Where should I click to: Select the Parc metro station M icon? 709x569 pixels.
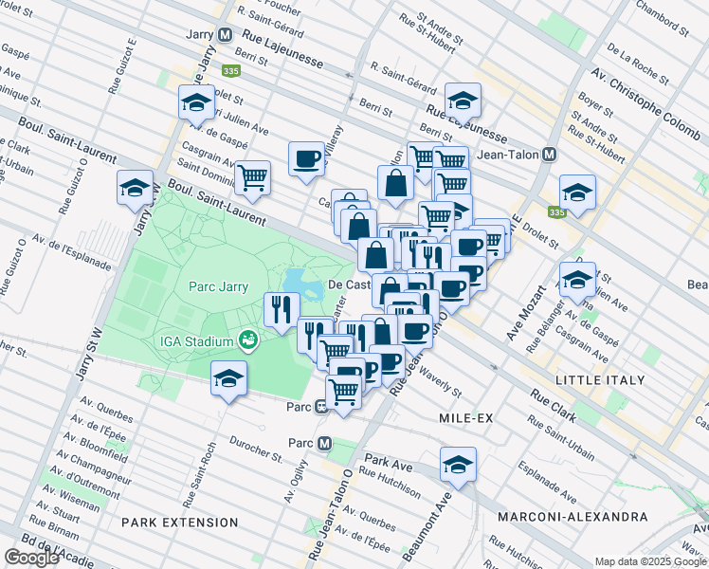324,444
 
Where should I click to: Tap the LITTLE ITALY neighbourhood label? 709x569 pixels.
600,380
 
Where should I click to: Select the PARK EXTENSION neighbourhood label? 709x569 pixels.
180,523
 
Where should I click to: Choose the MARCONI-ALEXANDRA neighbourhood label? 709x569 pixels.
573,517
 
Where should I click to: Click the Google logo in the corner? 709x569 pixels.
31,558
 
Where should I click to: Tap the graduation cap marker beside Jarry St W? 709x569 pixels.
135,189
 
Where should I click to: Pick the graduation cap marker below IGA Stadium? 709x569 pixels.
228,380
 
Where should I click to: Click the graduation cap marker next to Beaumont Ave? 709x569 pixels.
458,466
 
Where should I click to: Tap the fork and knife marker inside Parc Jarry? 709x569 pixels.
282,308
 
